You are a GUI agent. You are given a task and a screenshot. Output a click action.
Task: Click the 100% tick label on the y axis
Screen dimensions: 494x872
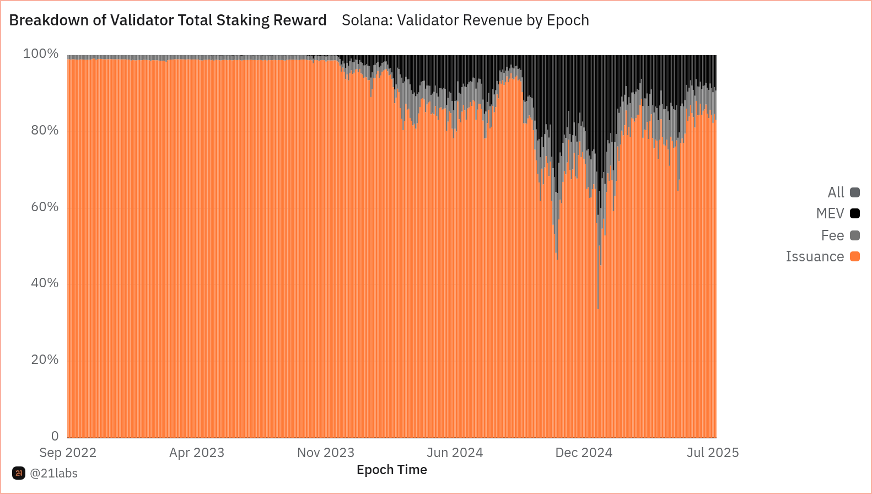41,53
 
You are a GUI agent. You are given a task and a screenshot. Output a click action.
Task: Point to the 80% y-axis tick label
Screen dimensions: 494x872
45,130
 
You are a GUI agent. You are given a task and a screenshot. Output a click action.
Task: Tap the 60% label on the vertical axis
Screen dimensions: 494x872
45,207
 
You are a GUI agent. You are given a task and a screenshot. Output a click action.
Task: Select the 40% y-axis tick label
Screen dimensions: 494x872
45,283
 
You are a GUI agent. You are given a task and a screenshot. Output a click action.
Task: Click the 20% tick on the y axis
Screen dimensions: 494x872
45,359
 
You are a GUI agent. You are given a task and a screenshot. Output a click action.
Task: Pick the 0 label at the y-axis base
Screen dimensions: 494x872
55,436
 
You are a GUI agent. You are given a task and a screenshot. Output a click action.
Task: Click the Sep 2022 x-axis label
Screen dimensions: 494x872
68,453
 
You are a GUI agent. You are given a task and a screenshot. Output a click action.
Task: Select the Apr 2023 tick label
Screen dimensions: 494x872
197,453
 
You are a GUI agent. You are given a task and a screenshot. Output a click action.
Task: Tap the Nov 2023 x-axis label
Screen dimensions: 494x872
326,453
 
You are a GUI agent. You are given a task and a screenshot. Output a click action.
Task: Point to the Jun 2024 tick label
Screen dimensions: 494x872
455,453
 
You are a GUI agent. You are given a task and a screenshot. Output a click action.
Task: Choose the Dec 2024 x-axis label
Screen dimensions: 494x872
584,453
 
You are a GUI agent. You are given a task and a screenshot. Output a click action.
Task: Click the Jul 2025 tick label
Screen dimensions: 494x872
713,453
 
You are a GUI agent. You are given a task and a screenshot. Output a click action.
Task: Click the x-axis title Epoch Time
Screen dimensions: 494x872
392,470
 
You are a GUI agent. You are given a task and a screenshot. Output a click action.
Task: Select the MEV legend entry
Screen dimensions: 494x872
830,213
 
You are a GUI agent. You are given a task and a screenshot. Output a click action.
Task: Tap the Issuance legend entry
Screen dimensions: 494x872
815,256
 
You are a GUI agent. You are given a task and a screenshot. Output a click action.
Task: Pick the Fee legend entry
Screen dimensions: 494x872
832,235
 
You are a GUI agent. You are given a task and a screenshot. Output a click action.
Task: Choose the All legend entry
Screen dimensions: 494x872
836,192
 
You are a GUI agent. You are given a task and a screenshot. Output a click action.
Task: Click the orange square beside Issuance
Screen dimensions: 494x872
855,256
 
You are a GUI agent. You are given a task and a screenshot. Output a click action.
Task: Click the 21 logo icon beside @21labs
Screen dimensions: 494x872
19,473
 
